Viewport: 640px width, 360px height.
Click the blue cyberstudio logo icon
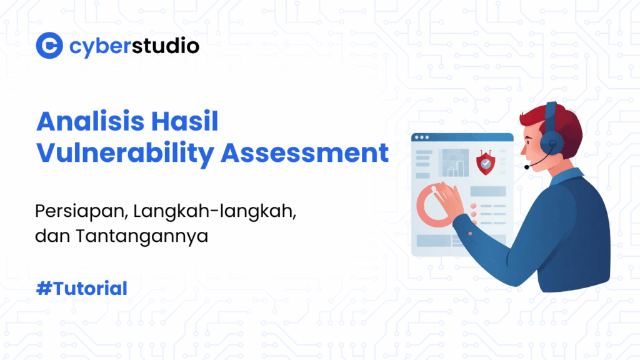(49, 46)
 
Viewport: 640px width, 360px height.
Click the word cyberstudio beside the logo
(134, 46)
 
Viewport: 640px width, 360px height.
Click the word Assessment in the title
(305, 153)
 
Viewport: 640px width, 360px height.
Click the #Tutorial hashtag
(82, 288)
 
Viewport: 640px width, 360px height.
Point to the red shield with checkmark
(485, 163)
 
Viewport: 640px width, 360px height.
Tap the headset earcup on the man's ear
(554, 145)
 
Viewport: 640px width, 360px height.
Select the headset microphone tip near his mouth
(527, 167)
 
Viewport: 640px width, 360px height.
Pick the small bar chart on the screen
(455, 164)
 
